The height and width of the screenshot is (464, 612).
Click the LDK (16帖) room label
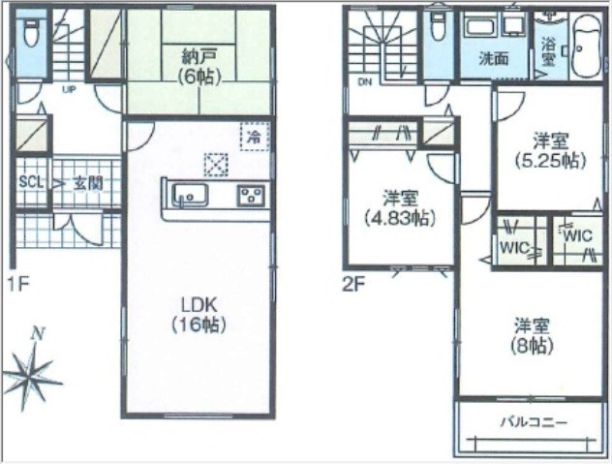click(x=199, y=315)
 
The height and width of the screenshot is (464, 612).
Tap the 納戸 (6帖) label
click(x=199, y=67)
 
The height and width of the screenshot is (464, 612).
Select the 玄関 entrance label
click(x=88, y=183)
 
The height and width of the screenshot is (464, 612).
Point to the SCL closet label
click(x=32, y=182)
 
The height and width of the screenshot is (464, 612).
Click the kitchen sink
click(x=191, y=195)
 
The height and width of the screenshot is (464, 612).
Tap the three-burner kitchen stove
click(x=252, y=196)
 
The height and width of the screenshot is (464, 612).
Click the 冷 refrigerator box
click(x=255, y=137)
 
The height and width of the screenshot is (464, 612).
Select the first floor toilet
click(x=31, y=33)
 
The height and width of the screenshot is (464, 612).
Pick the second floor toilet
click(x=439, y=26)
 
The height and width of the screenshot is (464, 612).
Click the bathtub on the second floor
click(x=586, y=46)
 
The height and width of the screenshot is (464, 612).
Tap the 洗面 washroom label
click(x=494, y=58)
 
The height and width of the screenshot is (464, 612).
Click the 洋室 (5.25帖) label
click(x=550, y=151)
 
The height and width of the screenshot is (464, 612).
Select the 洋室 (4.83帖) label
click(x=400, y=208)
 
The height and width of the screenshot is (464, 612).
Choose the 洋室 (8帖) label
click(x=532, y=336)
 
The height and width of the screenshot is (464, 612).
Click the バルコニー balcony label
click(x=534, y=422)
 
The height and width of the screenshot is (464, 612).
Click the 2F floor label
click(x=353, y=286)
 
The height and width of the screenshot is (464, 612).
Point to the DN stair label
click(x=364, y=82)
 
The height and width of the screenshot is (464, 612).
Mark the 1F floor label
click(x=18, y=285)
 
